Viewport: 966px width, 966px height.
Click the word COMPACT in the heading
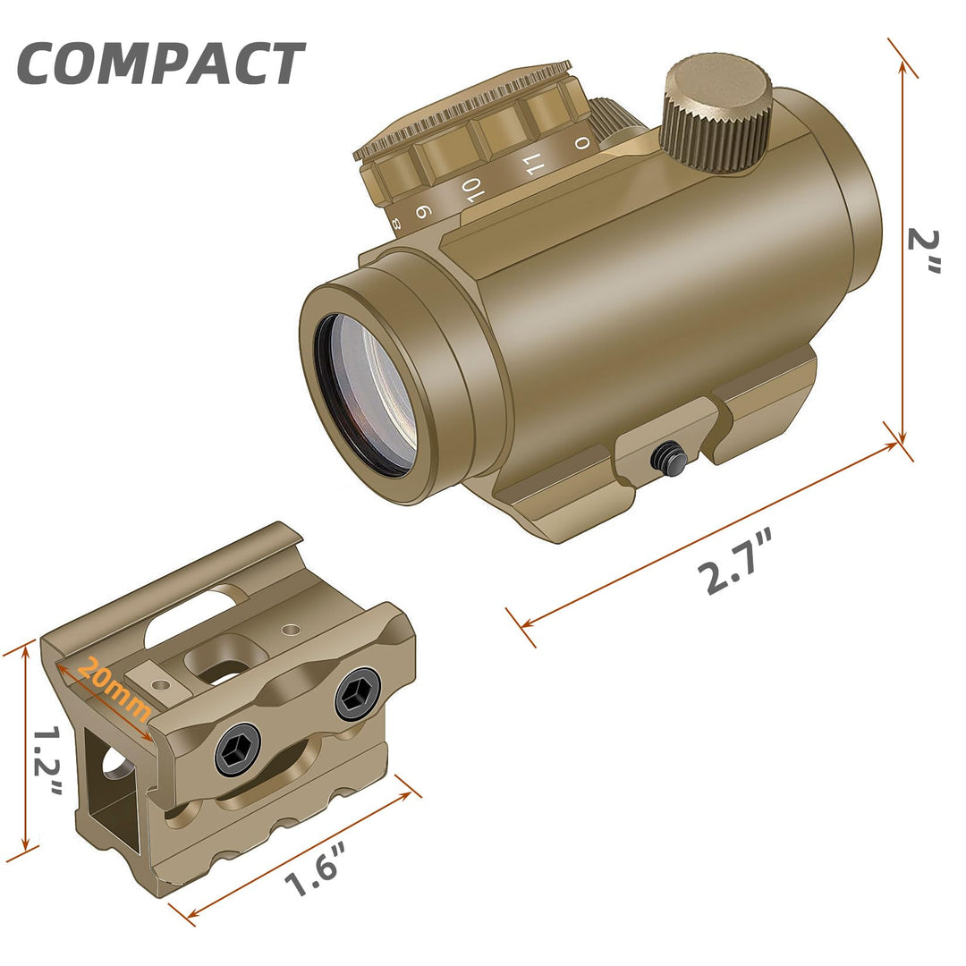(x=161, y=64)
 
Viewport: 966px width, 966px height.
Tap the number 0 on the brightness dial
(x=582, y=143)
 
